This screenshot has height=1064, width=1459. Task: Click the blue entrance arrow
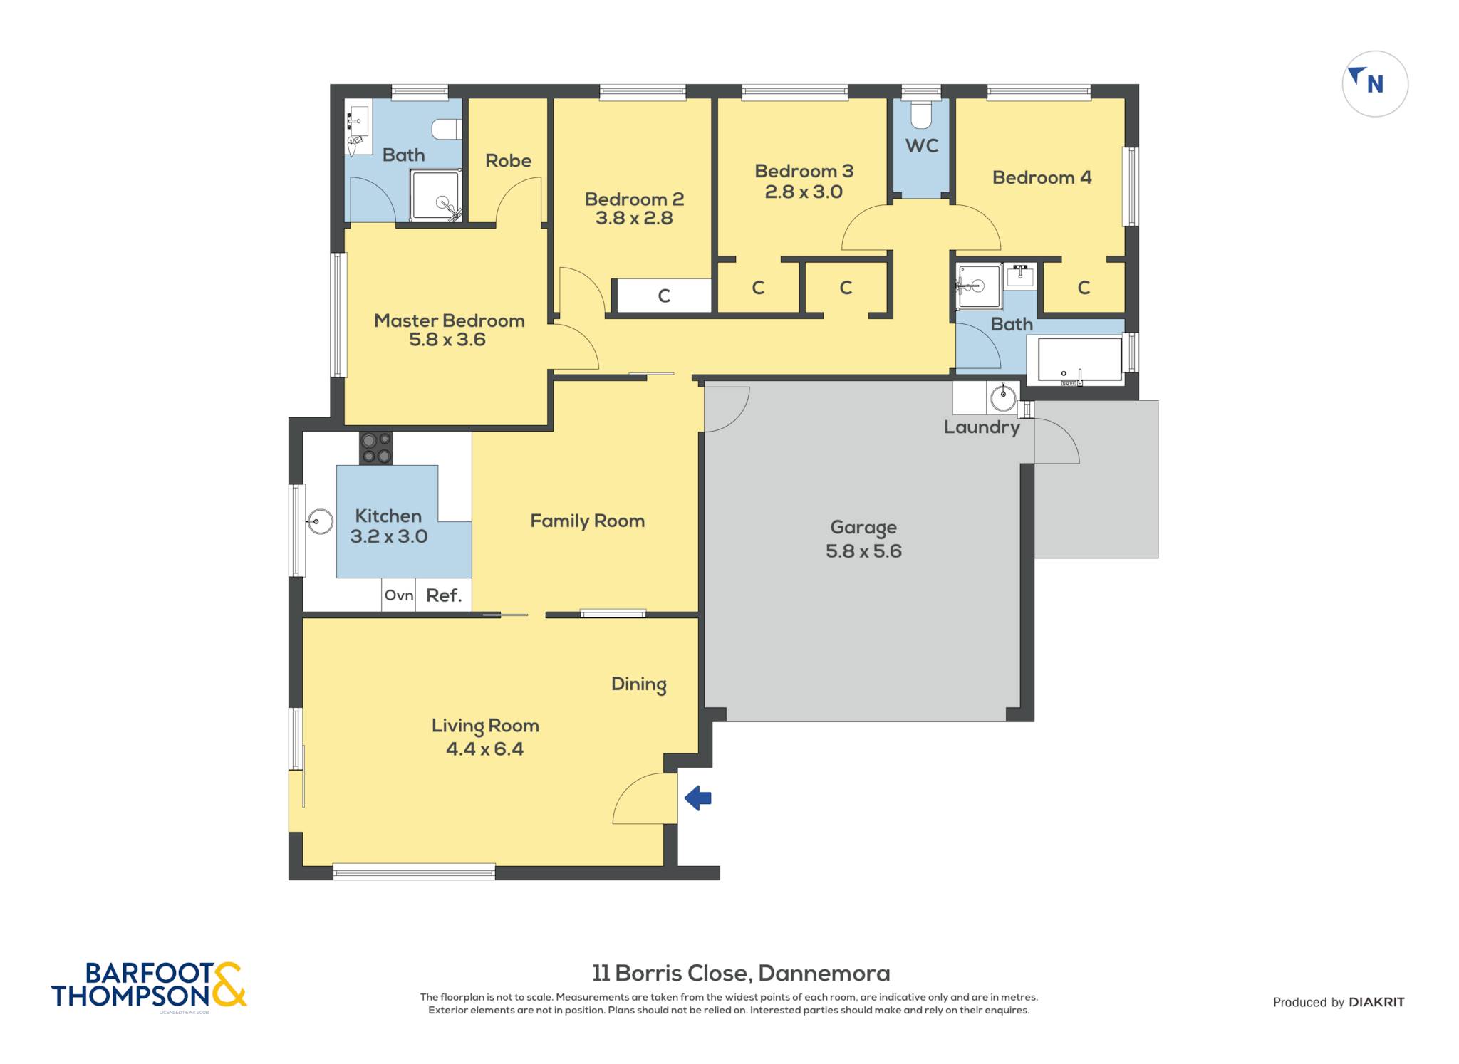point(698,798)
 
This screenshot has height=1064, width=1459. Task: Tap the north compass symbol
point(1375,83)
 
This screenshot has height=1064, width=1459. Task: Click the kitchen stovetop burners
point(375,448)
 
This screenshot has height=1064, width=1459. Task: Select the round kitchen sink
point(321,522)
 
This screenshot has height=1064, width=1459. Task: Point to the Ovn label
point(399,595)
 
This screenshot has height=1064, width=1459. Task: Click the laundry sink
point(1003,397)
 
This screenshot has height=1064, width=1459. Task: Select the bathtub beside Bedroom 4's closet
point(1080,360)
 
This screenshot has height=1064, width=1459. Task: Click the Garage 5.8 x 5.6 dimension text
point(863,551)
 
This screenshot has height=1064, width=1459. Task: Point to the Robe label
point(508,161)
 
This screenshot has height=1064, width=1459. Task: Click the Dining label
point(639,685)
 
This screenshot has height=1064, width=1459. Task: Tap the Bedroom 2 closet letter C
point(664,296)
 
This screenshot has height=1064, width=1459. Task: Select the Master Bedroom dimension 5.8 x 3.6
point(447,340)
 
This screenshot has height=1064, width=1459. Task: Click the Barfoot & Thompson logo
point(149,986)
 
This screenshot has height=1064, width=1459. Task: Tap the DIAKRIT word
point(1376,1002)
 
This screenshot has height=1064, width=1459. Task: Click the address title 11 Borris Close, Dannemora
point(741,973)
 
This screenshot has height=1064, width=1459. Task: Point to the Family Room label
point(588,521)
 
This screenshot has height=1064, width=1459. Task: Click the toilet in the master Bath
point(447,129)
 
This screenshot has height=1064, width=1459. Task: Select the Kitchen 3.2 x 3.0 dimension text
point(389,537)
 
